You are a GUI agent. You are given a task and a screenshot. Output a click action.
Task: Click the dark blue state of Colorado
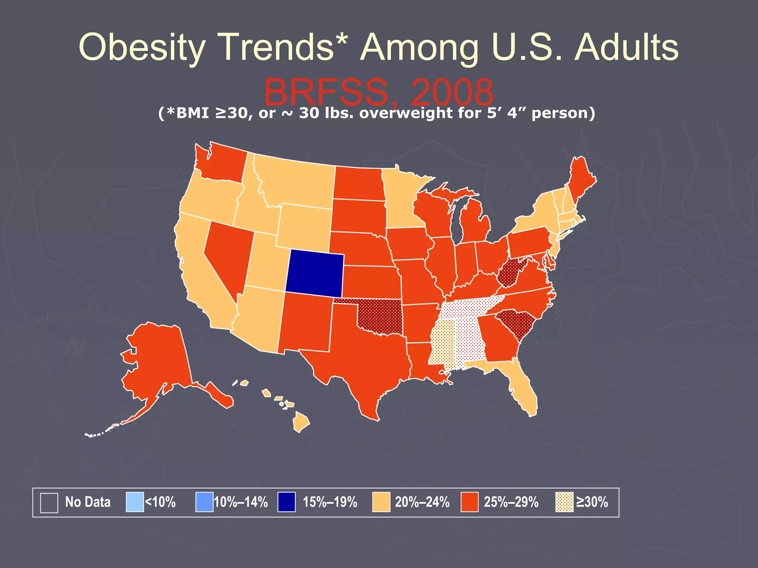coord(315,274)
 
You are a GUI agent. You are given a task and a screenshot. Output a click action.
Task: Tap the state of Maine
coord(581,177)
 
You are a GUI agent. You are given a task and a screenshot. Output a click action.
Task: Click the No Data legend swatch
coord(49,503)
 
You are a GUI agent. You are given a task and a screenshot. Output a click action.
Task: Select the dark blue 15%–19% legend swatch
coord(286,502)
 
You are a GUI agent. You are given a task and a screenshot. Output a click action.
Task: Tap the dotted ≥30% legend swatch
coord(564,502)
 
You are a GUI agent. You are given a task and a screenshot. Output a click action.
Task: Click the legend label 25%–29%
coord(511,502)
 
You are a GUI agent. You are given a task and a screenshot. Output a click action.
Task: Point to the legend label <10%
coord(160,502)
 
